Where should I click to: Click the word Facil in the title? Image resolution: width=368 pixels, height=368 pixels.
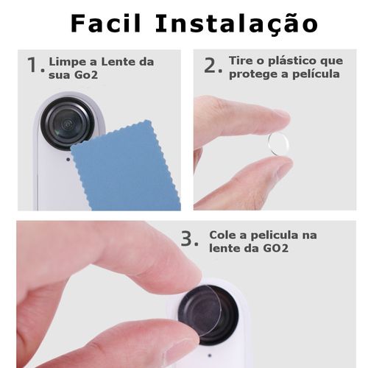[106, 23]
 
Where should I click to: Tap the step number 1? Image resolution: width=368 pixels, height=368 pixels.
[36, 65]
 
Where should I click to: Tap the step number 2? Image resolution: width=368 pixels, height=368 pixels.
[213, 66]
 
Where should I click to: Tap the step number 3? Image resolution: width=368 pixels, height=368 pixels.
[190, 239]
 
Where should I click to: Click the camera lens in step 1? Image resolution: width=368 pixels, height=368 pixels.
[68, 123]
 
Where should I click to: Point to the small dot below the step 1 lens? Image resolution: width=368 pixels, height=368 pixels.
[68, 160]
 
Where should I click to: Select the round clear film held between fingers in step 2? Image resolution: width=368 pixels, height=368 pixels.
[278, 144]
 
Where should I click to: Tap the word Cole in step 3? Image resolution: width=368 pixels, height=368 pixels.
[223, 235]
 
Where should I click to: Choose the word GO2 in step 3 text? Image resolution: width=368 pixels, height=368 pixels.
[276, 248]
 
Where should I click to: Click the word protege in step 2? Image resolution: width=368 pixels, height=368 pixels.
[252, 74]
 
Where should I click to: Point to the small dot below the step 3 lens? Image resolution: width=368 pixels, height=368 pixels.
[210, 355]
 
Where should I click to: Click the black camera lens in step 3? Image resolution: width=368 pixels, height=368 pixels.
[208, 315]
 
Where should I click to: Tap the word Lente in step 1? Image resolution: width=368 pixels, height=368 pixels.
[117, 62]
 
